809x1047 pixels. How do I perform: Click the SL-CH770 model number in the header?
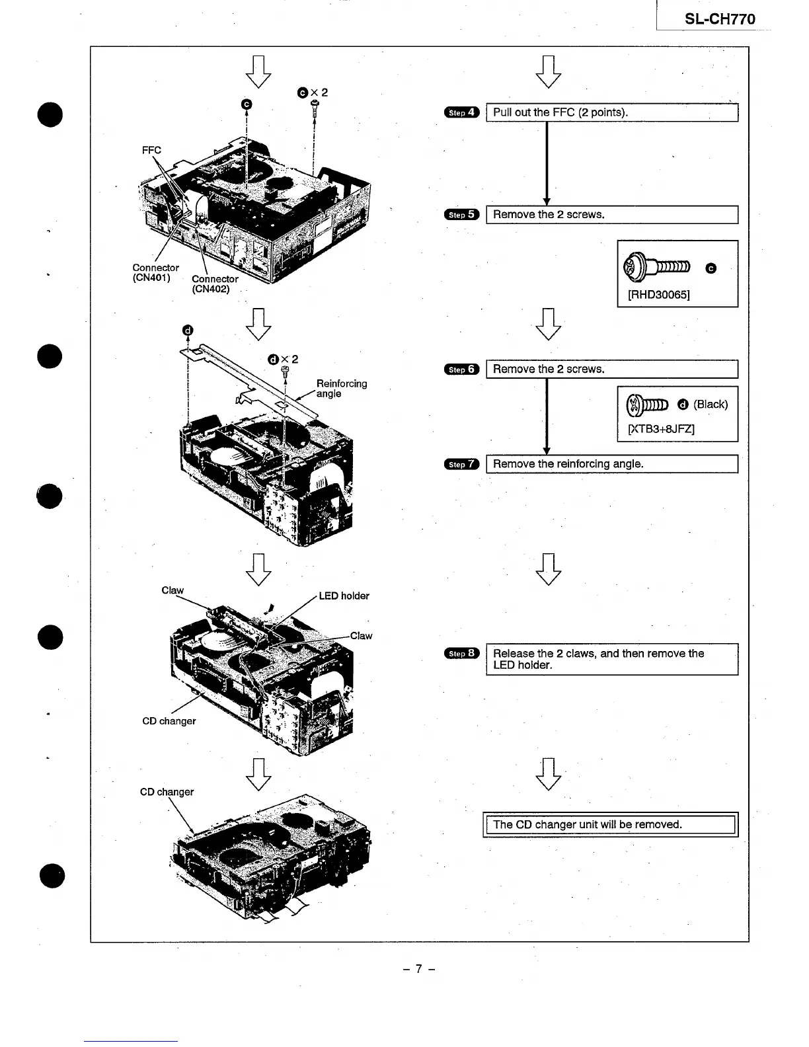720,19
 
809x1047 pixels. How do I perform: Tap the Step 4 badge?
461,112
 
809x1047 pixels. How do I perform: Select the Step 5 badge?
461,215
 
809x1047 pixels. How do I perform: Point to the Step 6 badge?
461,369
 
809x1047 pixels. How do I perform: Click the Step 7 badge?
461,464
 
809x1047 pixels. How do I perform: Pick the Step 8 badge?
461,654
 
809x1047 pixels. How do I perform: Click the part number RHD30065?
658,295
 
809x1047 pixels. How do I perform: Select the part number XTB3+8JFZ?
660,429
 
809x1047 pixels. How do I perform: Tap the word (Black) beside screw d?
711,405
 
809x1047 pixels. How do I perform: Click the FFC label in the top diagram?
151,150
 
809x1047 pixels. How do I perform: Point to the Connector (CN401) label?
155,272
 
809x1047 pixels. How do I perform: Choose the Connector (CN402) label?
215,284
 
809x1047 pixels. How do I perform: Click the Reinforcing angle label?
341,389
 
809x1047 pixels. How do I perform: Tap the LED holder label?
344,596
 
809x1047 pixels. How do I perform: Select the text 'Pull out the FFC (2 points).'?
560,112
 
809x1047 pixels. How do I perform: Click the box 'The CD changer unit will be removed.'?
610,824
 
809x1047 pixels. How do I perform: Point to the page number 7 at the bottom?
419,969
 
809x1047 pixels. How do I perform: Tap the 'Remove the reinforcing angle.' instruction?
568,464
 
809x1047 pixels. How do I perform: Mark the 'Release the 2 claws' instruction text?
598,659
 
